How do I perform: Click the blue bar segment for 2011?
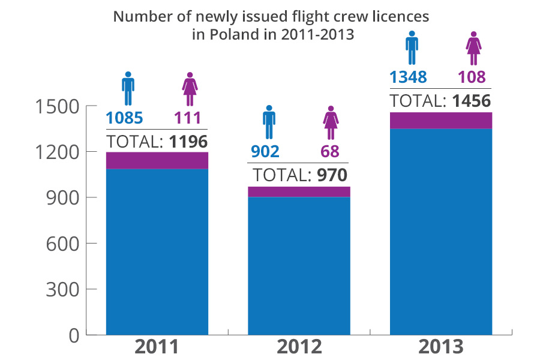coord(157,252)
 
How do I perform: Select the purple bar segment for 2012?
coord(299,191)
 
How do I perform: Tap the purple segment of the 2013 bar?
coord(441,120)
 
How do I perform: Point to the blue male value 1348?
coord(408,77)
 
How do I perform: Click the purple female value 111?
coord(187,118)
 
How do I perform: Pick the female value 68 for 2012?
coord(329,151)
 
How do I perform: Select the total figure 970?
coord(329,175)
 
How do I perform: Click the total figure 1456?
coord(471,101)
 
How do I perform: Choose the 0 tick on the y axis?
coord(74,335)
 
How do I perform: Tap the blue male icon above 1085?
coord(128,89)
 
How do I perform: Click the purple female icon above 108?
coord(474,48)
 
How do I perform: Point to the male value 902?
coord(265,151)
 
